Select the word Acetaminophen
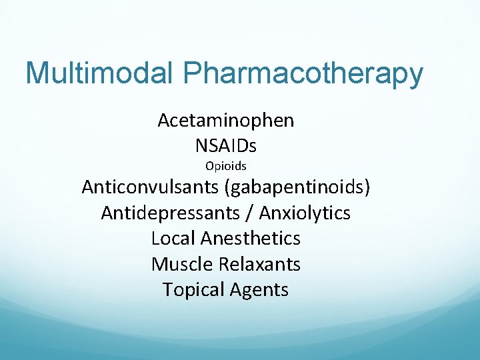point(225,121)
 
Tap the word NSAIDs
point(225,145)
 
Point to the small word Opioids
point(225,166)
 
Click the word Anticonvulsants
point(151,187)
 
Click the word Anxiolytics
point(305,213)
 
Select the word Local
point(173,238)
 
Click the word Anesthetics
point(250,238)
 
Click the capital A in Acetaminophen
point(164,121)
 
